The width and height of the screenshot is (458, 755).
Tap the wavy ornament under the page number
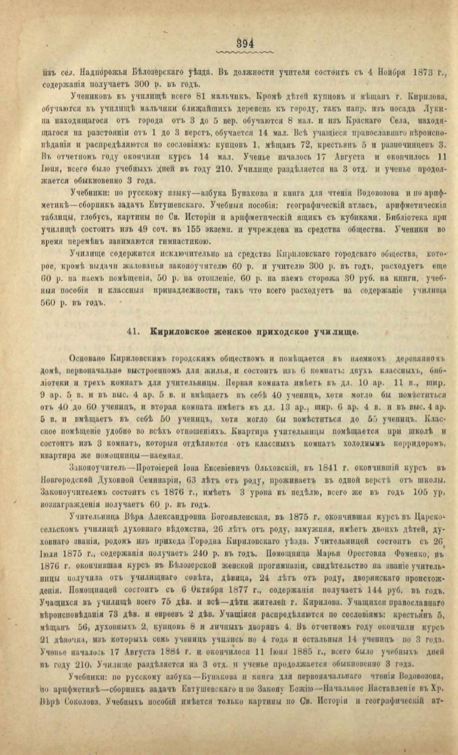coord(244,53)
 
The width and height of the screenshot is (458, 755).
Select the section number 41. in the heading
coord(133,331)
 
